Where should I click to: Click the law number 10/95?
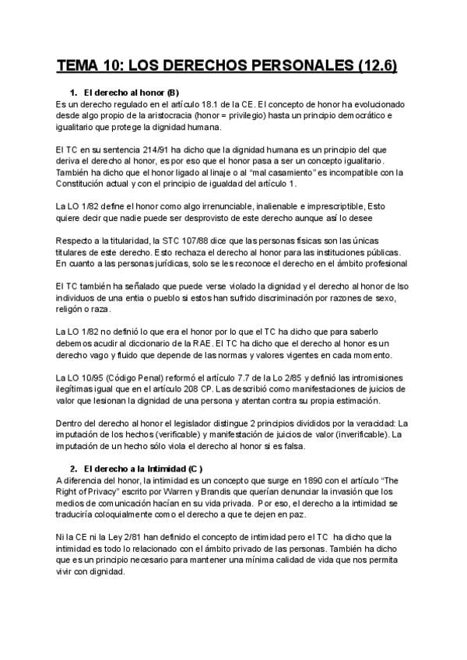(x=85, y=377)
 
